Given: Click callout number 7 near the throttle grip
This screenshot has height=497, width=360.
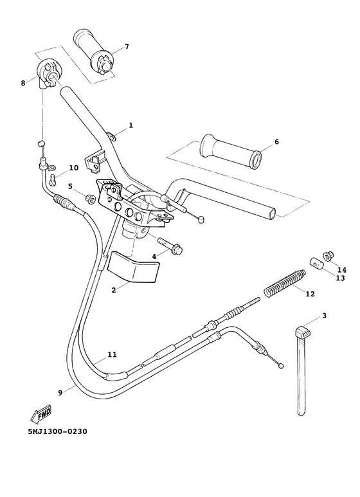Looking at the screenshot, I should pyautogui.click(x=127, y=47).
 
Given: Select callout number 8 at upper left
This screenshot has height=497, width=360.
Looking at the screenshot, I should pyautogui.click(x=24, y=82).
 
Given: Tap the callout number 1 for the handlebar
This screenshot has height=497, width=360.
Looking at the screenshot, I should pyautogui.click(x=130, y=125).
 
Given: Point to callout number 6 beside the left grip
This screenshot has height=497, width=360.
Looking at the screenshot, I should pyautogui.click(x=276, y=141).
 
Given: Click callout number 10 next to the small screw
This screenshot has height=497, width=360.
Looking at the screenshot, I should pyautogui.click(x=74, y=168).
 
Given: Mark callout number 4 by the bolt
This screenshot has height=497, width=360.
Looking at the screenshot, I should pyautogui.click(x=154, y=257).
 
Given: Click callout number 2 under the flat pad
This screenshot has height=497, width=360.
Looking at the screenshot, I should pyautogui.click(x=114, y=291).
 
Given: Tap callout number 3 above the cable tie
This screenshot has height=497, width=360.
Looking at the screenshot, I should pyautogui.click(x=325, y=316).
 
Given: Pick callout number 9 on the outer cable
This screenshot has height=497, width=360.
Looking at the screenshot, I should pyautogui.click(x=60, y=393).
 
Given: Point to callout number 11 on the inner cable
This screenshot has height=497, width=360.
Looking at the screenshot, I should pyautogui.click(x=112, y=354).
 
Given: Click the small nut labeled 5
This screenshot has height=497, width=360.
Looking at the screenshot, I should pyautogui.click(x=90, y=199).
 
